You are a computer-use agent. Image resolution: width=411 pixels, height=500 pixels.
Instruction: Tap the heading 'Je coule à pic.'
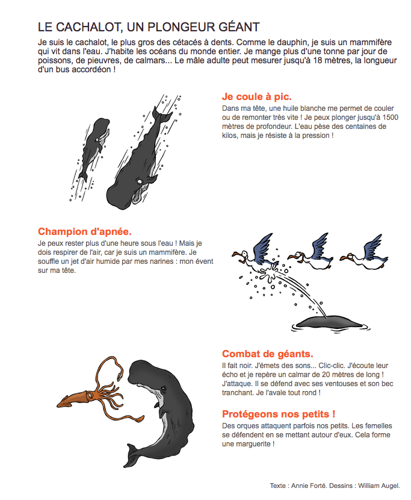pos(257,96)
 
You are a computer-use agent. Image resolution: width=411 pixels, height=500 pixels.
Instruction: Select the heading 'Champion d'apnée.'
pos(85,231)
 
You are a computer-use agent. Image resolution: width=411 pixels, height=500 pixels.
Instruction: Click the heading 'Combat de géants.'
pos(268,354)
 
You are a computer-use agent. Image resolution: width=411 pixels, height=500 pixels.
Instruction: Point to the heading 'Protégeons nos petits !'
pos(279,414)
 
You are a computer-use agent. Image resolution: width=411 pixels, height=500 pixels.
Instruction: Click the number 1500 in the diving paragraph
pos(390,117)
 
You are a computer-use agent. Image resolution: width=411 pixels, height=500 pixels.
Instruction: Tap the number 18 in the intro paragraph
pos(318,60)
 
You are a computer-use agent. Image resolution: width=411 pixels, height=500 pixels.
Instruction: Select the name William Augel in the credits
pos(379,486)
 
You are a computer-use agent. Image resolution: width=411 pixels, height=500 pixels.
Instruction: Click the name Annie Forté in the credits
pos(309,486)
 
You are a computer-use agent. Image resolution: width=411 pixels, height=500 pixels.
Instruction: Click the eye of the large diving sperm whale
pos(139,181)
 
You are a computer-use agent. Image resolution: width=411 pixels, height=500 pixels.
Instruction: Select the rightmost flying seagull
pos(365,254)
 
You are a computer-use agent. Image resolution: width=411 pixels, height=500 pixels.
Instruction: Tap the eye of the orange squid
pos(90,395)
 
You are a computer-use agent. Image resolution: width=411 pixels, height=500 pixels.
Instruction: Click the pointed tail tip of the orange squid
pos(58,404)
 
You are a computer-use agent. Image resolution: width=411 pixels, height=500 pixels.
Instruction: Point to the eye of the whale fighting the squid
pos(164,389)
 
